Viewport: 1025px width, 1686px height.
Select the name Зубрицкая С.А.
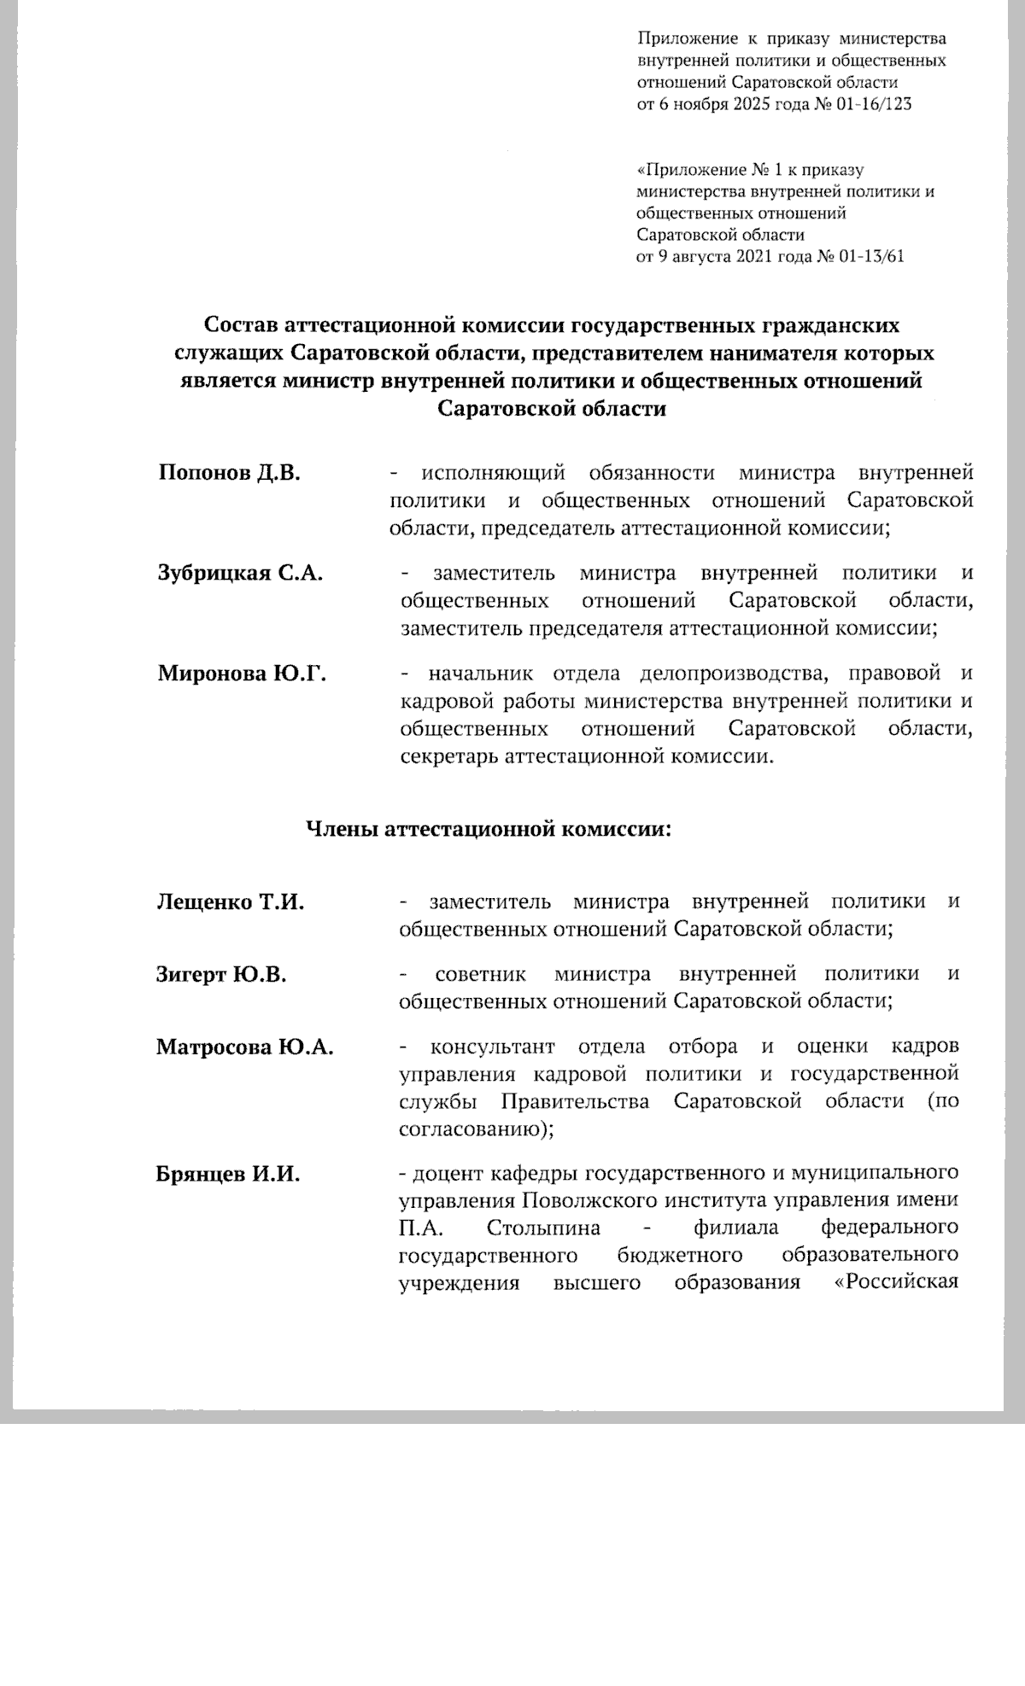(x=240, y=573)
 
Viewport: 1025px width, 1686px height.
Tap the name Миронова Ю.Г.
(x=242, y=674)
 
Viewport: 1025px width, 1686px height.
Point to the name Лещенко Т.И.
(x=231, y=901)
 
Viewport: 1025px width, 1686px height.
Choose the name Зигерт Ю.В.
(x=221, y=973)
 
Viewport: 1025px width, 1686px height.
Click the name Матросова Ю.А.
(x=244, y=1047)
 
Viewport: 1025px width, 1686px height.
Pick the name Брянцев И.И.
(x=228, y=1173)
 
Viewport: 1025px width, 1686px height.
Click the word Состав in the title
(x=242, y=325)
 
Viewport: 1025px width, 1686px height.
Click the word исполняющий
(x=495, y=473)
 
